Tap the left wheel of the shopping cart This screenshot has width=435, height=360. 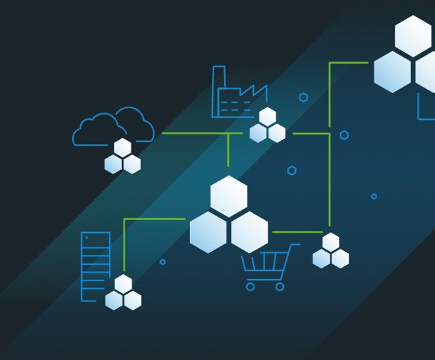[x=250, y=286]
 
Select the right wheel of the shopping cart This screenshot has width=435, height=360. [x=280, y=286]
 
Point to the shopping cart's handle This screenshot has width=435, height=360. [x=294, y=246]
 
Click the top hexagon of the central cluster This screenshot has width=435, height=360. [x=229, y=196]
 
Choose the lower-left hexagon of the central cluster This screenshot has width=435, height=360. [x=208, y=232]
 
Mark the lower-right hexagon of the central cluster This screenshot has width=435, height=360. [x=250, y=232]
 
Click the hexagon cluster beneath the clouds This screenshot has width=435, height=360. [x=122, y=157]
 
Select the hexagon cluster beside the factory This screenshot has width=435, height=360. [x=268, y=126]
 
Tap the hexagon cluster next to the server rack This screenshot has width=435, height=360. [x=123, y=294]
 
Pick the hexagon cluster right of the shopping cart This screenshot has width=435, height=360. [x=331, y=252]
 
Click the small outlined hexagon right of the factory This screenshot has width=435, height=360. [x=303, y=98]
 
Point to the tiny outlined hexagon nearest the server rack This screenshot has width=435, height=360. [x=163, y=262]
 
